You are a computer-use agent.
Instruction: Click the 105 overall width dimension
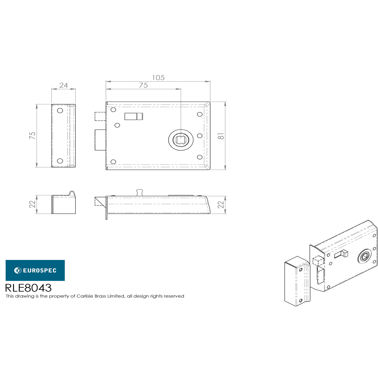point(158,78)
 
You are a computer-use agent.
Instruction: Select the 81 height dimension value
point(221,136)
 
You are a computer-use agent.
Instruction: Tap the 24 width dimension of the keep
point(64,85)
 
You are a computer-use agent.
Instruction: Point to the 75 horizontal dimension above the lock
point(143,85)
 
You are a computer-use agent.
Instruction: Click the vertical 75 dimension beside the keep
point(32,135)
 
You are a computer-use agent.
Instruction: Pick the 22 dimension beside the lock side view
point(221,204)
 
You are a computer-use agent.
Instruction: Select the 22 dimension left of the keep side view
point(32,204)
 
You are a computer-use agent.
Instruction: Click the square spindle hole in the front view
point(181,140)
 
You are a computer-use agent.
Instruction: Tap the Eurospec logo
point(35,270)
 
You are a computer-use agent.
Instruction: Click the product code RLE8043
point(28,288)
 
